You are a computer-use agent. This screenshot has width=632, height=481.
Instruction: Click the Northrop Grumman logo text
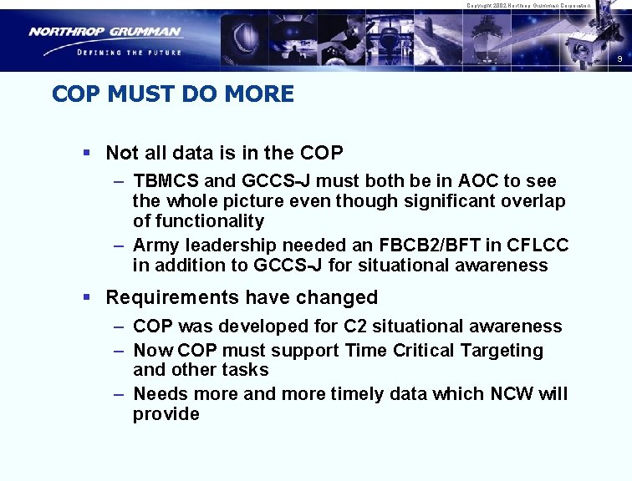[x=104, y=32]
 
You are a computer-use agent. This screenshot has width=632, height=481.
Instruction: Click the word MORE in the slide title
[x=259, y=94]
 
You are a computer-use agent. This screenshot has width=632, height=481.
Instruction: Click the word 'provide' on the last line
[x=166, y=414]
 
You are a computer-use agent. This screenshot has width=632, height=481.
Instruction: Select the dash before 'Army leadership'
[x=119, y=246]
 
